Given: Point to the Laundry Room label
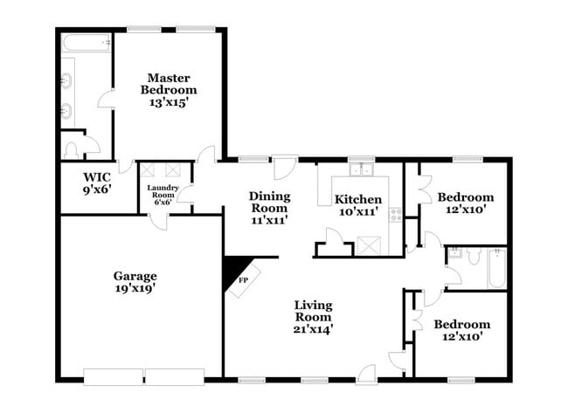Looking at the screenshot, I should (163, 190).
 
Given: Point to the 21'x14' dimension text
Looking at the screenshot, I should (313, 328).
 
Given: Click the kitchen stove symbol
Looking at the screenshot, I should (395, 214).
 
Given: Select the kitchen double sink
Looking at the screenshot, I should (361, 170).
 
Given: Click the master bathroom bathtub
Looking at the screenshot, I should (85, 42).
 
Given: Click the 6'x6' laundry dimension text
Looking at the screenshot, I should (163, 203).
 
